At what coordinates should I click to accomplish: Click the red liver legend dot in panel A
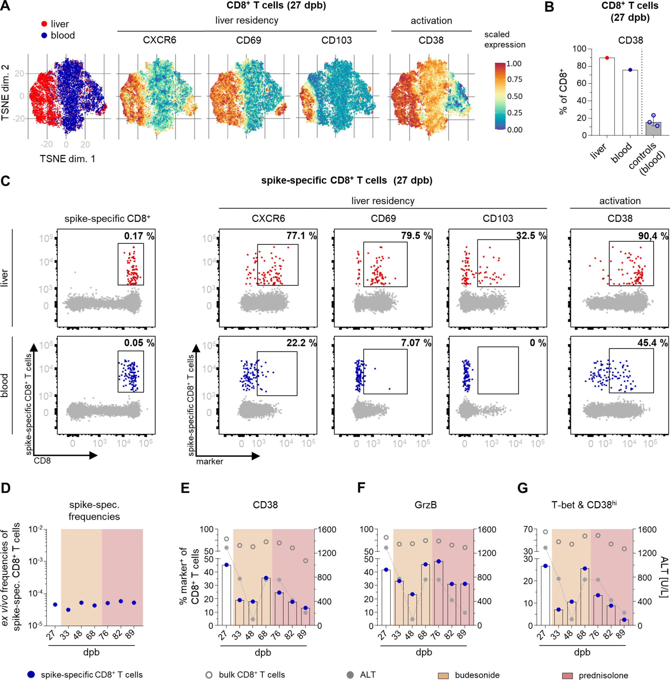click(44, 24)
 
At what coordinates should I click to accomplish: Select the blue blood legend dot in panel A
click(44, 35)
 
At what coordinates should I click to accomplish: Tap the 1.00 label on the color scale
click(514, 64)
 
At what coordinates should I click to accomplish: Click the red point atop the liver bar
click(607, 58)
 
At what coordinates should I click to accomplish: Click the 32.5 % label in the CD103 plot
click(531, 236)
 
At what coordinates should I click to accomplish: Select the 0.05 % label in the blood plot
click(139, 343)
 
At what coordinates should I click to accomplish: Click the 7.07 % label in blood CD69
click(416, 343)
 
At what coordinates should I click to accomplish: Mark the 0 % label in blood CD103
click(538, 343)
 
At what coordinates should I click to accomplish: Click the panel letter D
click(6, 488)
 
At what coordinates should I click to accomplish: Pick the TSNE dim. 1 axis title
click(67, 159)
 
